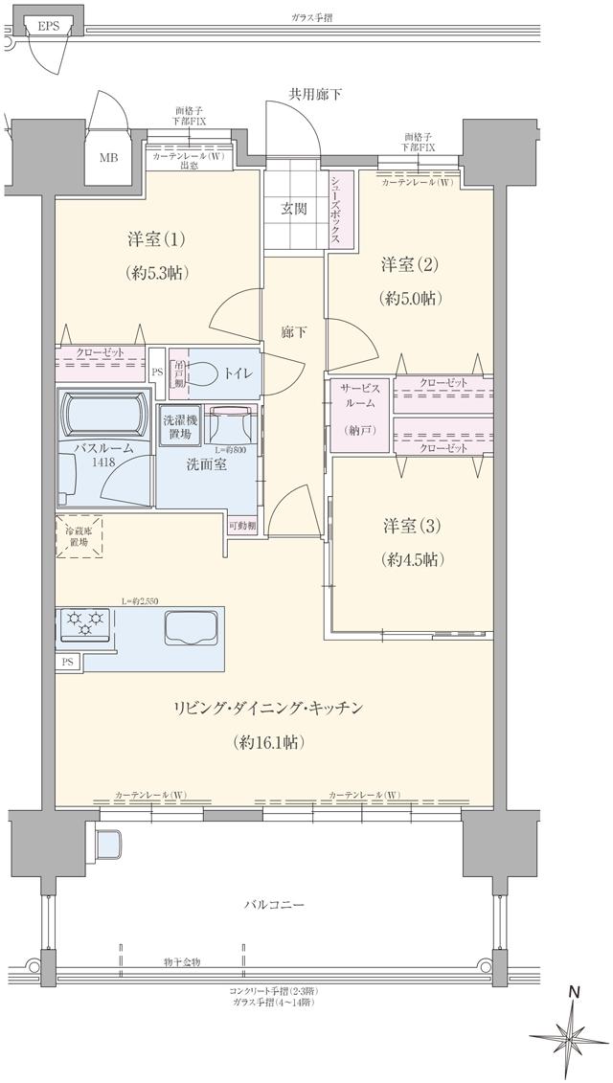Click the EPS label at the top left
point(48,26)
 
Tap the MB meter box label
point(108,158)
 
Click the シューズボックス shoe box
point(337,208)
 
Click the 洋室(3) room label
point(412,526)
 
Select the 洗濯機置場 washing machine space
point(180,426)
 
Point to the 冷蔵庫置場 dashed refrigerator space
point(78,536)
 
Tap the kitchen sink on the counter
point(192,629)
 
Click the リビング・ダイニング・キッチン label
point(267,708)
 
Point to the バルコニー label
point(273,904)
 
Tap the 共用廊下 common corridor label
point(316,94)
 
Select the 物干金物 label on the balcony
point(182,961)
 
